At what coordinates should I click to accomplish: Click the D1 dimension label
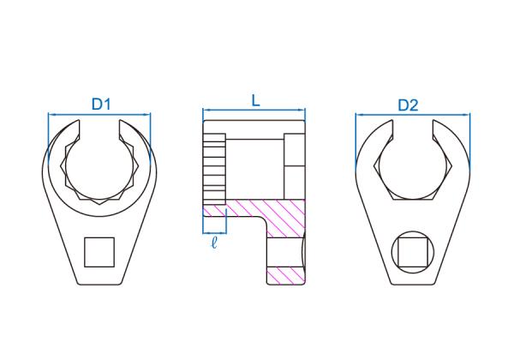(x=101, y=105)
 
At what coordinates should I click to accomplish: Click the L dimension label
(x=255, y=100)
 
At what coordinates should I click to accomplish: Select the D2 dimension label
(x=408, y=105)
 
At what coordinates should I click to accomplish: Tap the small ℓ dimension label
(x=214, y=243)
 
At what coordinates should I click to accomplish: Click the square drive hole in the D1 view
(x=99, y=252)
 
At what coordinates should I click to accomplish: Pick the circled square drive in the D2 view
(x=413, y=252)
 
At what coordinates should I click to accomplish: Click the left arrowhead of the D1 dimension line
(x=51, y=114)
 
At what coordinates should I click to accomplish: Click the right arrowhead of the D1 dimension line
(x=147, y=114)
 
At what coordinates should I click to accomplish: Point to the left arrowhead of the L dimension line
(x=206, y=110)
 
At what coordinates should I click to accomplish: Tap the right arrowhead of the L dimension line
(x=302, y=110)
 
